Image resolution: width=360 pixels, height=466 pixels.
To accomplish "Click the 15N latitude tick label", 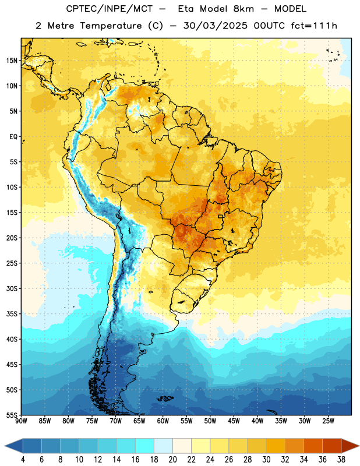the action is (x=11, y=61).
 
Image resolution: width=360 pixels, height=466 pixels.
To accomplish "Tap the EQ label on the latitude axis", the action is (x=13, y=137).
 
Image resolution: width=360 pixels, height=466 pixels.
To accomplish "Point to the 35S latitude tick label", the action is (x=12, y=314).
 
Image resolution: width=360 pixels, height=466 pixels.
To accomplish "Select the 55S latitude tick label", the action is (x=12, y=415).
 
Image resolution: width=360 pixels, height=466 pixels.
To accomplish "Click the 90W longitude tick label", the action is (x=21, y=421).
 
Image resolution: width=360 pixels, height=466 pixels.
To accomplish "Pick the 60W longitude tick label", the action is (x=163, y=421).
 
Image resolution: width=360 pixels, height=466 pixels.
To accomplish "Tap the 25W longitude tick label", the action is (x=328, y=421).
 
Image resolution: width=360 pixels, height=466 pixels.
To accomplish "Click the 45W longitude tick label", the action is (x=234, y=421).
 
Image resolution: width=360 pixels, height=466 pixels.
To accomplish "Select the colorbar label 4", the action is (x=23, y=460).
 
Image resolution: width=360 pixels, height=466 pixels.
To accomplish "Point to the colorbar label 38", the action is (x=341, y=460).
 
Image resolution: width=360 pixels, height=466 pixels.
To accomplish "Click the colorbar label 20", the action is (x=172, y=460).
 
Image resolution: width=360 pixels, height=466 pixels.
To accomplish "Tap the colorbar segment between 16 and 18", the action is (x=144, y=446).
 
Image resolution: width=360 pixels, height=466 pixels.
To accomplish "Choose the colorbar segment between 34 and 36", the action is (x=313, y=446).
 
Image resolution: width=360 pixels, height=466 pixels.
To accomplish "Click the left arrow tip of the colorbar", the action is (x=5, y=446).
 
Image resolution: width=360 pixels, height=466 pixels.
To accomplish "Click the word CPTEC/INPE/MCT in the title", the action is (x=110, y=9).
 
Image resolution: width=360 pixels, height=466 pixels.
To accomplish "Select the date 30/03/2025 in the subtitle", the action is (x=215, y=26).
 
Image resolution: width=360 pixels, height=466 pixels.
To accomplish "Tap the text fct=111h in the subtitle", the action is (x=314, y=26).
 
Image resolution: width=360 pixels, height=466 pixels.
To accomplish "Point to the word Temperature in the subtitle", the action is (x=111, y=26).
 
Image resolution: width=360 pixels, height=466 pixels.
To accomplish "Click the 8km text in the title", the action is (x=243, y=9).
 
